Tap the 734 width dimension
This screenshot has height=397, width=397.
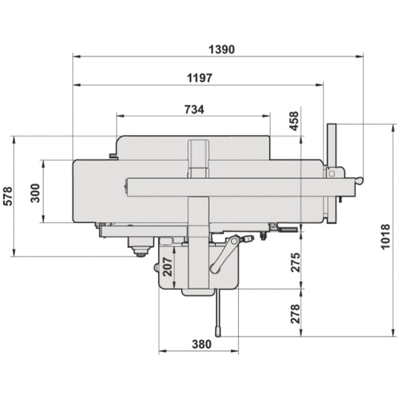(194, 109)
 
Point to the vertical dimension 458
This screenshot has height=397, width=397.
(294, 121)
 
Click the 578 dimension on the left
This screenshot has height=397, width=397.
(9, 195)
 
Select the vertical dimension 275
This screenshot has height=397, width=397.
(295, 261)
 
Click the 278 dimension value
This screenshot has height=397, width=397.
(295, 314)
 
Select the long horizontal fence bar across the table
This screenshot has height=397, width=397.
(238, 188)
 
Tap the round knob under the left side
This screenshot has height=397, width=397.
(140, 251)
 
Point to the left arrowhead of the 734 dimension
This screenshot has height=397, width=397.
(119, 116)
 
